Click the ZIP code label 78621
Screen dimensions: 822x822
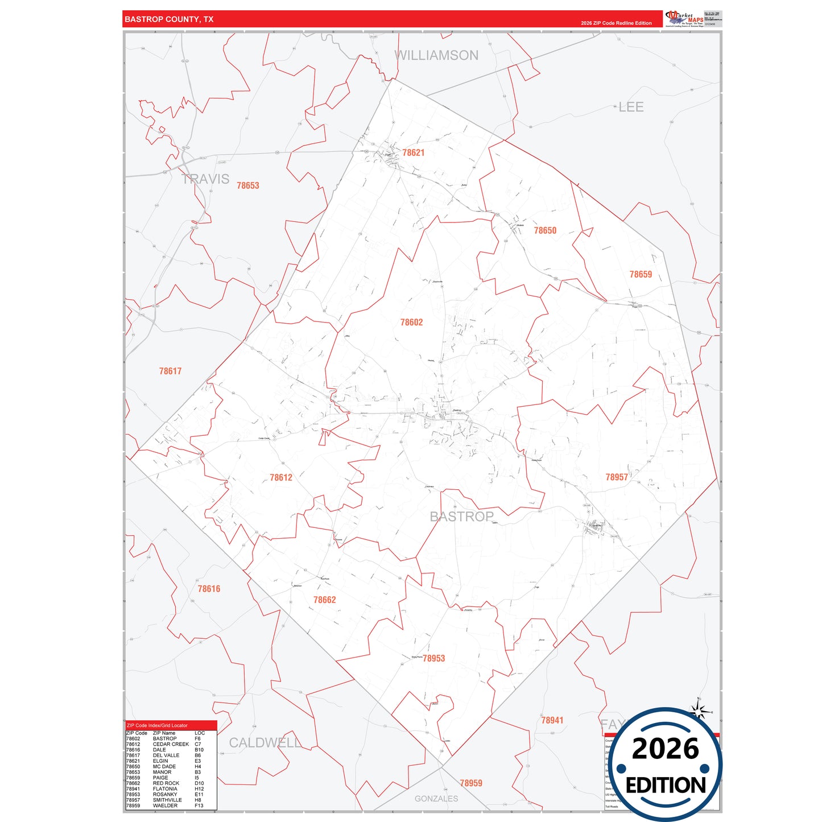click(413, 152)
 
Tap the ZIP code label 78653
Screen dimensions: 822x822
click(247, 185)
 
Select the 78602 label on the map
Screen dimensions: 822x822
click(411, 323)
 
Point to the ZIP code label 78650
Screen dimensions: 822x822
click(545, 230)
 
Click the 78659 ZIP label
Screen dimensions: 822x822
click(641, 274)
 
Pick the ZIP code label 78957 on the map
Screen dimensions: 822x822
click(617, 477)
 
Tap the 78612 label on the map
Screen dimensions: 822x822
click(281, 478)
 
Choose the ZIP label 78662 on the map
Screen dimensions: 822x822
click(324, 600)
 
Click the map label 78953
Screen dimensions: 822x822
click(433, 658)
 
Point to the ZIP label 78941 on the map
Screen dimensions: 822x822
click(552, 720)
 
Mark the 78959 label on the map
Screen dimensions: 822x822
click(471, 783)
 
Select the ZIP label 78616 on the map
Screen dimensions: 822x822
click(209, 589)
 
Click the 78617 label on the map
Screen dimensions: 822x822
click(170, 371)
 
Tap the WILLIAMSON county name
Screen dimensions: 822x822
click(436, 55)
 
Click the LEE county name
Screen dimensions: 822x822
click(631, 107)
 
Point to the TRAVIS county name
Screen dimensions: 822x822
click(205, 179)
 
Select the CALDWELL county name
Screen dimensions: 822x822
click(265, 742)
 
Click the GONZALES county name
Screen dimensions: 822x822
click(436, 799)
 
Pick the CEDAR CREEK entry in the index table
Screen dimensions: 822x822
click(171, 744)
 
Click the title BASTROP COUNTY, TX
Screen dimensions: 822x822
click(169, 19)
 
